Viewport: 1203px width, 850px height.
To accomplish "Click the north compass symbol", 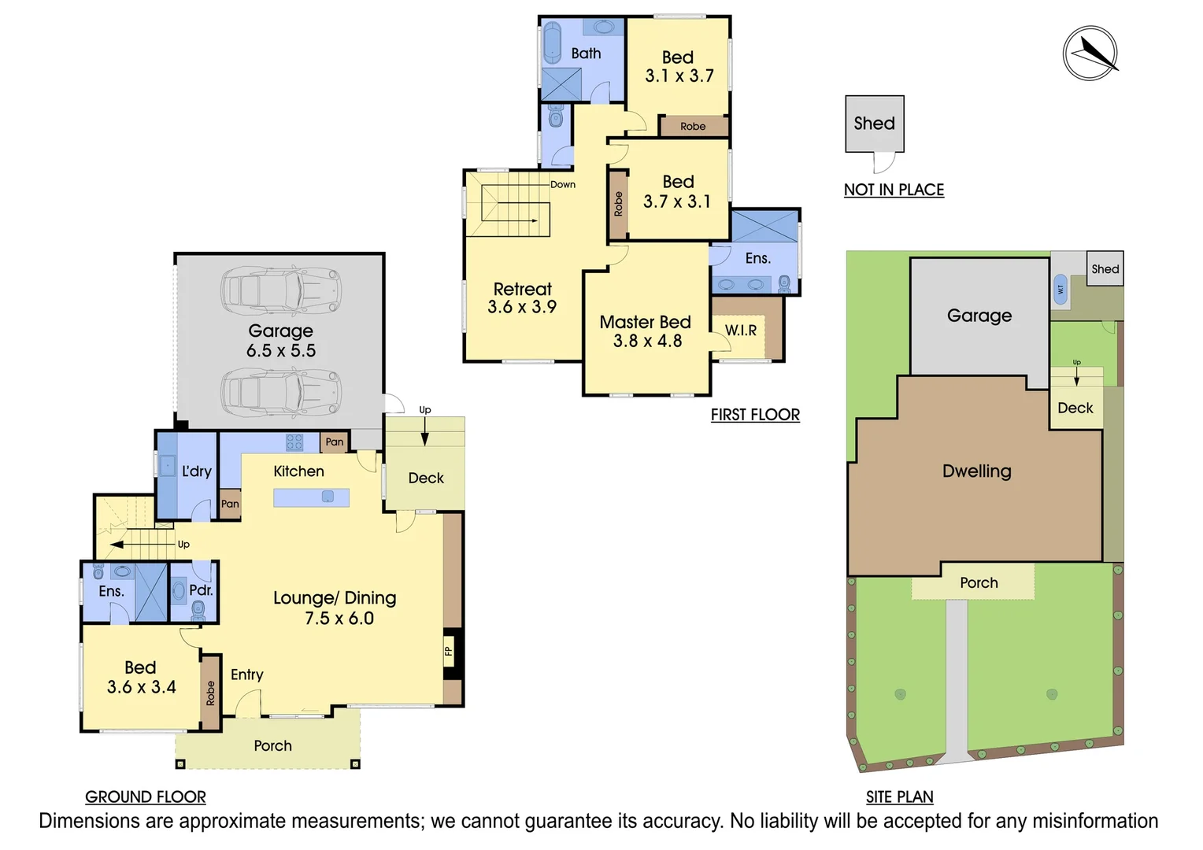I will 1090,53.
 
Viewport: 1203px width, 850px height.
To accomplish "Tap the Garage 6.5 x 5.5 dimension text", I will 281,351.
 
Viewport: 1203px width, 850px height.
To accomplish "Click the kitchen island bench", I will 311,497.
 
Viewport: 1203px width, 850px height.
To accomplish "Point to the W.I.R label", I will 740,331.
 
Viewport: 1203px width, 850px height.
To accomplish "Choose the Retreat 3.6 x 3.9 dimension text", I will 522,308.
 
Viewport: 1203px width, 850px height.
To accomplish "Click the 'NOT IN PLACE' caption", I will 894,190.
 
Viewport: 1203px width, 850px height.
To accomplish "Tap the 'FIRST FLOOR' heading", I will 755,415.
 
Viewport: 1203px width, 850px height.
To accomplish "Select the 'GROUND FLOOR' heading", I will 146,796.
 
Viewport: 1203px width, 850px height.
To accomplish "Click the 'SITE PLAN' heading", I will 899,796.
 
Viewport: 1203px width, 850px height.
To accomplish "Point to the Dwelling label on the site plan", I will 976,471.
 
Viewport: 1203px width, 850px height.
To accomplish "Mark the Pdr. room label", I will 201,589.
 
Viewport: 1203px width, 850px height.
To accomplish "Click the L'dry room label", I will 196,471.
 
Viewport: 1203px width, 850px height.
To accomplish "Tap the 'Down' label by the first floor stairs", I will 563,184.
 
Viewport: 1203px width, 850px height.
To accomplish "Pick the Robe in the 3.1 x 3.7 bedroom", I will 693,126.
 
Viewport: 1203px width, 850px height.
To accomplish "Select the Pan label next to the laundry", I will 230,504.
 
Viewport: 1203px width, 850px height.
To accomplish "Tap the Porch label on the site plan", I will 979,582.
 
